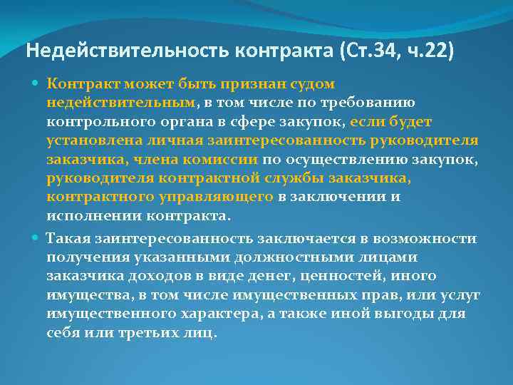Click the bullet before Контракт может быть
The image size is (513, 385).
(37, 83)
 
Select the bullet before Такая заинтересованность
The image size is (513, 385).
(37, 237)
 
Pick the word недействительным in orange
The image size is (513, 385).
(121, 102)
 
